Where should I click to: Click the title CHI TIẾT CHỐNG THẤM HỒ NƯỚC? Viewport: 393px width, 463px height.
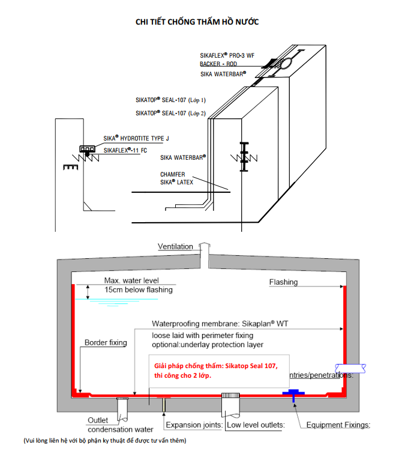coord(197,22)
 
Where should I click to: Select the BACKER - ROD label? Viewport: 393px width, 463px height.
coord(218,64)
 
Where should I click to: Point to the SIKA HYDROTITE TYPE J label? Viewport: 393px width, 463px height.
coord(136,139)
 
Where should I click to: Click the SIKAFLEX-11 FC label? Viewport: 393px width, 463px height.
coord(125,150)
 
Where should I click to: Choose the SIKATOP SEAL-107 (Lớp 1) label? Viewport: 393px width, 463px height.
coord(170,100)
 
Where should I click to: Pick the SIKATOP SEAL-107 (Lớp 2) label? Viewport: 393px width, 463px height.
coord(170,113)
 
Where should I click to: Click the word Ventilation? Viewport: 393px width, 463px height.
coord(175,247)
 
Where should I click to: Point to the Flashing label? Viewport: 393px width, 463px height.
coord(283,282)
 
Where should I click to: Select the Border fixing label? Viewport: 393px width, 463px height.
coord(106,343)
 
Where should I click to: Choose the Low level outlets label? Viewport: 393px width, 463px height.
coord(256,425)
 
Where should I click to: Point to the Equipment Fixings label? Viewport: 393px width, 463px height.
coord(338,425)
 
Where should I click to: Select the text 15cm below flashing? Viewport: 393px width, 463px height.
coord(138,290)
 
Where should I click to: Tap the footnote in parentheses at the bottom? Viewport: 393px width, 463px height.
coord(105,441)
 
